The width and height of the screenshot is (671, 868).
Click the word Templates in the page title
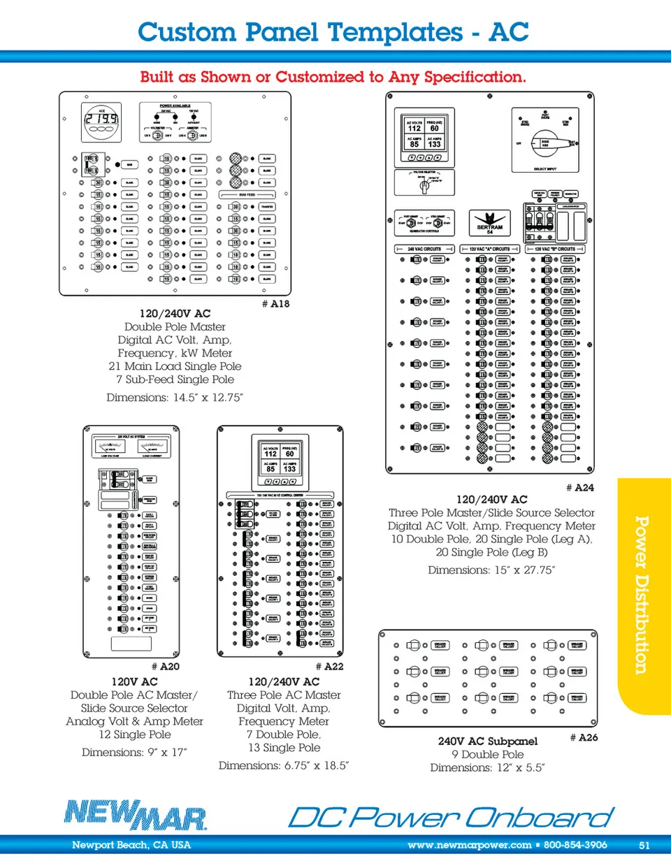[395, 32]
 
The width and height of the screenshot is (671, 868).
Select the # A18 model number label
[275, 304]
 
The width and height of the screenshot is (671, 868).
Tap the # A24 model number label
[580, 488]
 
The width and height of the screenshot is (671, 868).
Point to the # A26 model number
[584, 737]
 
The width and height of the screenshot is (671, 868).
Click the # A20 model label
[166, 667]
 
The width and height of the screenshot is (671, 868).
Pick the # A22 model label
[329, 667]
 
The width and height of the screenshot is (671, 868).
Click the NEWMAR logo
[136, 815]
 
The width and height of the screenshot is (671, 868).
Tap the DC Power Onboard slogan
[451, 817]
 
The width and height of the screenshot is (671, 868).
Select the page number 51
[644, 845]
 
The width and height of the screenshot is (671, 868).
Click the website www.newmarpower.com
[469, 845]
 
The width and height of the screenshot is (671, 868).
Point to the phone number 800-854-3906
[575, 845]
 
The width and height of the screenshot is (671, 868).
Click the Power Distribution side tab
[642, 594]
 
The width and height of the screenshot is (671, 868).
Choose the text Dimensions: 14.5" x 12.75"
[175, 398]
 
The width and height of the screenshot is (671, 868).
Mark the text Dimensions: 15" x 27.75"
[491, 570]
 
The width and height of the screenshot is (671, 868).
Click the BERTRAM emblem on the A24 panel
[490, 223]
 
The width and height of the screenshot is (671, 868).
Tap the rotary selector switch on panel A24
[545, 146]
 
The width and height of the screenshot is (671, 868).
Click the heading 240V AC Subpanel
[488, 741]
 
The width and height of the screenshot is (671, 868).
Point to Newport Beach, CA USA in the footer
[131, 845]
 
